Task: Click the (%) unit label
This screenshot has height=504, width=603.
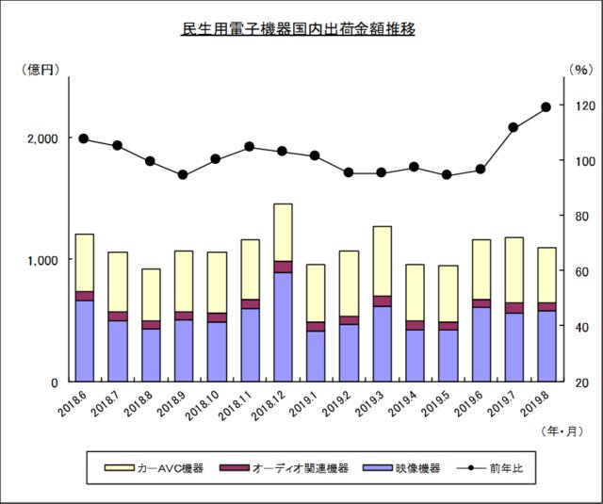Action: (579, 69)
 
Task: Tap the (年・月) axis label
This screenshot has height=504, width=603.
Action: (562, 431)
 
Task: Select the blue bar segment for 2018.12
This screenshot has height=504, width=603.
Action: (282, 326)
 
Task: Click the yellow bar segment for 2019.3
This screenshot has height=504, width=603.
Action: (381, 261)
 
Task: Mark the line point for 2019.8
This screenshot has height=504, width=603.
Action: (546, 107)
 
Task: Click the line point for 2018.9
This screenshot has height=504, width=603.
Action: (183, 175)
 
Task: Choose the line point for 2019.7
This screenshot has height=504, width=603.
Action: (513, 127)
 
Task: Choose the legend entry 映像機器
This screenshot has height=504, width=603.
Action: (412, 467)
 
